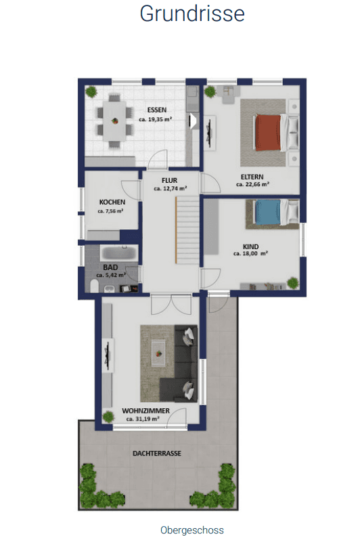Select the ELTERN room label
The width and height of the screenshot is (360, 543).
[252, 176]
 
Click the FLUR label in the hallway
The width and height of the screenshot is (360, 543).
[169, 180]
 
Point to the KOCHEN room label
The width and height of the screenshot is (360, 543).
[111, 202]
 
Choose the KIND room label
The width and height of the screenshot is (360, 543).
[250, 246]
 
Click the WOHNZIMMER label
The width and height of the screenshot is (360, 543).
[141, 411]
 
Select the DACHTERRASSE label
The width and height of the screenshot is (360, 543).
[158, 453]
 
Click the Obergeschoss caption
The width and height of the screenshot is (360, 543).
[192, 530]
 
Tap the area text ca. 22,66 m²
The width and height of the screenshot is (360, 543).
[252, 184]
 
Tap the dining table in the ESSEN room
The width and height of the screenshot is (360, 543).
[115, 122]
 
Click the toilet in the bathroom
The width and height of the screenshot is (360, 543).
[93, 287]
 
